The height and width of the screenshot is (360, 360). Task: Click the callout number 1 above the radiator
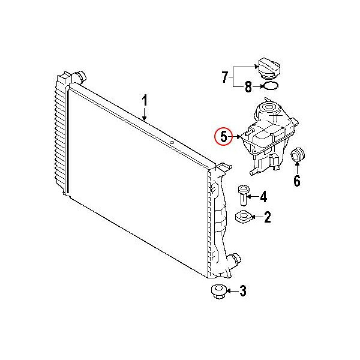(144, 101)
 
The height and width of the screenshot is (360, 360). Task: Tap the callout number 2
(268, 217)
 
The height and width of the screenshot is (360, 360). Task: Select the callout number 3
(243, 291)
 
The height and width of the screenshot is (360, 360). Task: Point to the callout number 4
(263, 197)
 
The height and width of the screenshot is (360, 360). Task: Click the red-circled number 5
(223, 137)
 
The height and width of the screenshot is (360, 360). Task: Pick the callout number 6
(297, 181)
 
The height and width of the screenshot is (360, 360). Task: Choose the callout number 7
(225, 77)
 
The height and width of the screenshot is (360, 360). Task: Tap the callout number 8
(248, 87)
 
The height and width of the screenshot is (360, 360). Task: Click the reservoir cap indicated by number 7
(269, 68)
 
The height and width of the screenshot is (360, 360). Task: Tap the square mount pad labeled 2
(244, 217)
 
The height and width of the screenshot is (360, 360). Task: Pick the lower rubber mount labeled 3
(219, 292)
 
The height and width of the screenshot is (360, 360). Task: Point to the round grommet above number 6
(298, 154)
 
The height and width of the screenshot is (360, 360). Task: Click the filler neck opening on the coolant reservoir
(269, 107)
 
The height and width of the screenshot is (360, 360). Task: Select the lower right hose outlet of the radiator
(234, 260)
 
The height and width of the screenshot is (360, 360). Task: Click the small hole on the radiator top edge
(172, 143)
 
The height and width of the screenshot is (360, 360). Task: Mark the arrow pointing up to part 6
(297, 168)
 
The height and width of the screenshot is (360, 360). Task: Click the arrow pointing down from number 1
(144, 114)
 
